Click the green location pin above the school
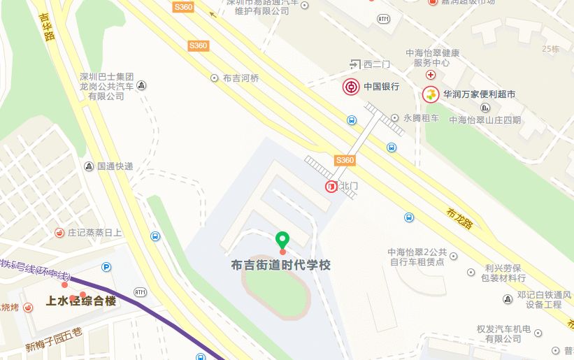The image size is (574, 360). coord(282,240)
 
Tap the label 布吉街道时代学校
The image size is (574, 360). coord(280,266)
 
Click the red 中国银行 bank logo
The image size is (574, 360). coord(351,87)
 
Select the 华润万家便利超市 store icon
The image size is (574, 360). coord(431,94)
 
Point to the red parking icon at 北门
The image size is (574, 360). coord(331,186)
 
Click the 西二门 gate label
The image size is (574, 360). coord(377,65)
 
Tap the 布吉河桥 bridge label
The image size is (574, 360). coord(241,78)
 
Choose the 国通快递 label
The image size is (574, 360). coord(115,166)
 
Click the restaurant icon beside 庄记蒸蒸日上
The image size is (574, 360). coord(60,232)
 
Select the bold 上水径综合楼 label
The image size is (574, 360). coord(80,301)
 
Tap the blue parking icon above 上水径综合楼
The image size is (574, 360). coord(106,266)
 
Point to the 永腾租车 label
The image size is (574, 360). coord(421,119)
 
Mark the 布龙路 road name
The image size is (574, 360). coord(459,217)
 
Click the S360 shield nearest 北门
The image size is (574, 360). coord(345,160)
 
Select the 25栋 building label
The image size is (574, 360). coord(551,48)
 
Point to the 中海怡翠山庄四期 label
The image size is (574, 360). coord(485,120)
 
